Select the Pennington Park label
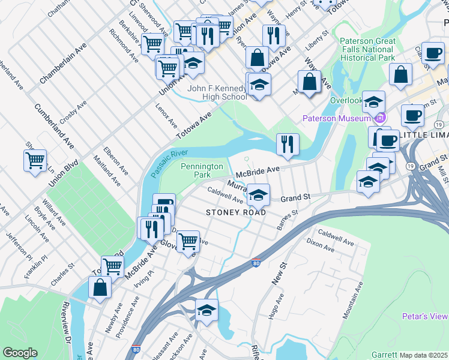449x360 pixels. (x=202, y=170)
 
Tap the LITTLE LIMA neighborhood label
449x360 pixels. (x=424, y=135)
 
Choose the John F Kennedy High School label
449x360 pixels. (x=217, y=92)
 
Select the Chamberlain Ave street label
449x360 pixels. (x=64, y=62)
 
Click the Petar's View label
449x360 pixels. (x=426, y=316)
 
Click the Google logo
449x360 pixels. (x=20, y=353)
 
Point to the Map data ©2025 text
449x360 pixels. (x=424, y=355)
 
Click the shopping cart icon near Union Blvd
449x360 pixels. (x=35, y=160)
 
